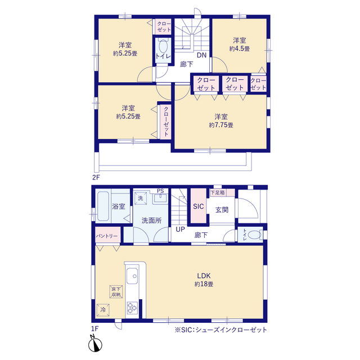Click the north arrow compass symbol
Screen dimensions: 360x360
click(95, 344)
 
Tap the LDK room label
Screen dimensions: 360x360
click(204, 276)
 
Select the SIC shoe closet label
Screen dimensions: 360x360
click(199, 206)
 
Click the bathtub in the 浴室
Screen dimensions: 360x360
click(103, 206)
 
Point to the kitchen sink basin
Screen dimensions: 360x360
click(132, 276)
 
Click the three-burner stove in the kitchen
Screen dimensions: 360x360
click(132, 308)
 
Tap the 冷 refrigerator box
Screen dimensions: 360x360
click(103, 310)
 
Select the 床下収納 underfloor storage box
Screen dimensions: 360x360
click(116, 291)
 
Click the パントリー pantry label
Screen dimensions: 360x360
click(107, 236)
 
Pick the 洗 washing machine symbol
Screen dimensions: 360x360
click(141, 198)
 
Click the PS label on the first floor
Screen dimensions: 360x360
click(160, 191)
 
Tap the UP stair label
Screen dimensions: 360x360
click(180, 229)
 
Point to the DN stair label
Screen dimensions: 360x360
click(201, 55)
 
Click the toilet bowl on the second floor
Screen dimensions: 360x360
click(163, 47)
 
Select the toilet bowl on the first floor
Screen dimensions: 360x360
click(254, 235)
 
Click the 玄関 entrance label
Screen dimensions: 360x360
click(222, 210)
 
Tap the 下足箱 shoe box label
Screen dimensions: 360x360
click(218, 192)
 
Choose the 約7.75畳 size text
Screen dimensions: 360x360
click(221, 125)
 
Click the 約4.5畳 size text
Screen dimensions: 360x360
click(240, 49)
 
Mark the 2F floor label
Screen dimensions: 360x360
click(96, 177)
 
